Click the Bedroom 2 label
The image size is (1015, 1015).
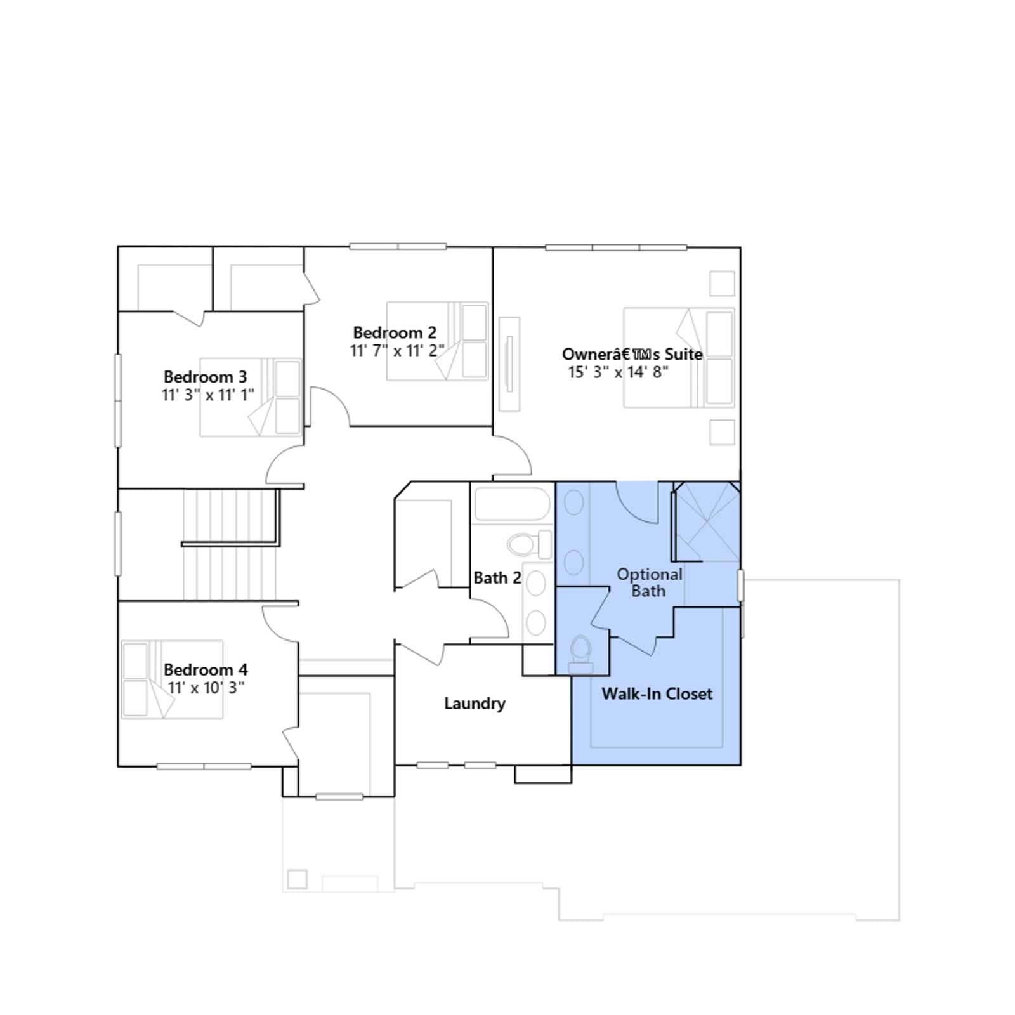[395, 332]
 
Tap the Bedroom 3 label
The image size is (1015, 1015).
[205, 377]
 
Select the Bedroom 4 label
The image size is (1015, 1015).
[206, 669]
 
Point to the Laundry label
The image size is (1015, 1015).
[475, 704]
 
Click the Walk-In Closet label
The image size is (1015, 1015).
[657, 693]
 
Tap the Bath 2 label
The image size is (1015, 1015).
[497, 578]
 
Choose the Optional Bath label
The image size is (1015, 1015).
[650, 582]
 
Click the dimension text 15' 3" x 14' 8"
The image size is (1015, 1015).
[618, 372]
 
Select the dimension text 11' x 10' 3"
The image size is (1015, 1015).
[206, 688]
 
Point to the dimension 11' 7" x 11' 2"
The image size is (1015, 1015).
[397, 351]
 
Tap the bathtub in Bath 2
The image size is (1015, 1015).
[512, 504]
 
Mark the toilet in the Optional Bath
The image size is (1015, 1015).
[580, 654]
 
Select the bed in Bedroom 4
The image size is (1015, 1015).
[172, 679]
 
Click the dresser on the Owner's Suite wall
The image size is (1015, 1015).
[509, 364]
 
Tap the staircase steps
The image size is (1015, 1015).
[230, 544]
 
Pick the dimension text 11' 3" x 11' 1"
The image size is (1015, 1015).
[208, 395]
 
